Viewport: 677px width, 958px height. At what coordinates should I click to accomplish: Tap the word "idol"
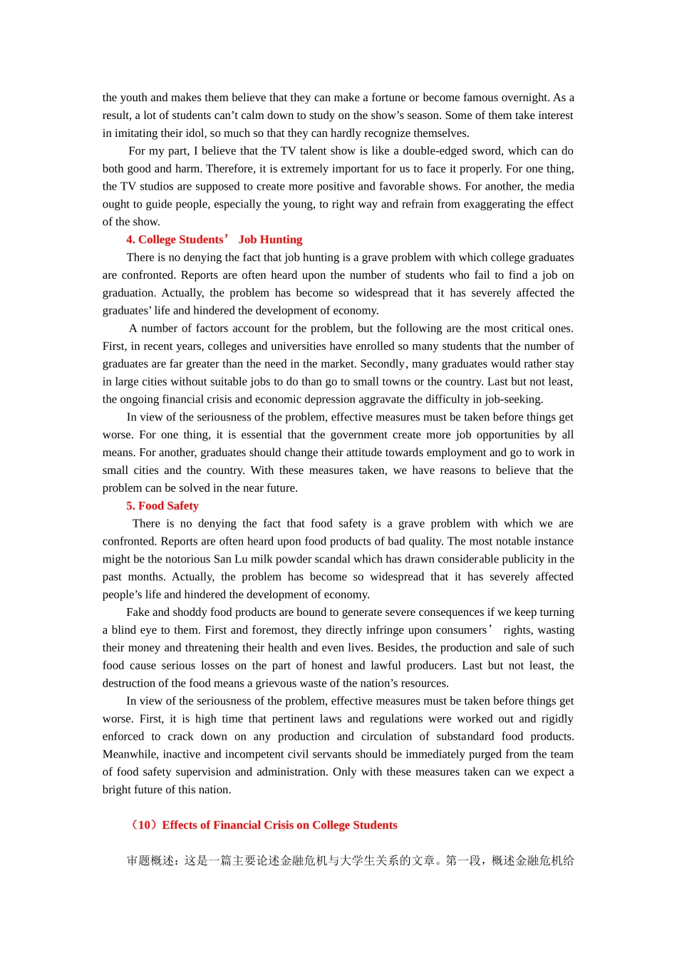pos(195,133)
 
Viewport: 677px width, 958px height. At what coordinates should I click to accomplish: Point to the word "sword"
pos(487,151)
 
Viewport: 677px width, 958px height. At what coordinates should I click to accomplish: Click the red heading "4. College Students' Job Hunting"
pos(215,239)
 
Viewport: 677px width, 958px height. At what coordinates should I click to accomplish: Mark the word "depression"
pos(372,399)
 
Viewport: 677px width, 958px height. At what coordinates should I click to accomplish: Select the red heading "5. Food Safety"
pos(162,506)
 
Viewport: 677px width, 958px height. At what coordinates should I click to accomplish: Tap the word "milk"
pos(259,560)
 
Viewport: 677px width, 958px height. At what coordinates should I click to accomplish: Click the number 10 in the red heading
pos(145,825)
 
